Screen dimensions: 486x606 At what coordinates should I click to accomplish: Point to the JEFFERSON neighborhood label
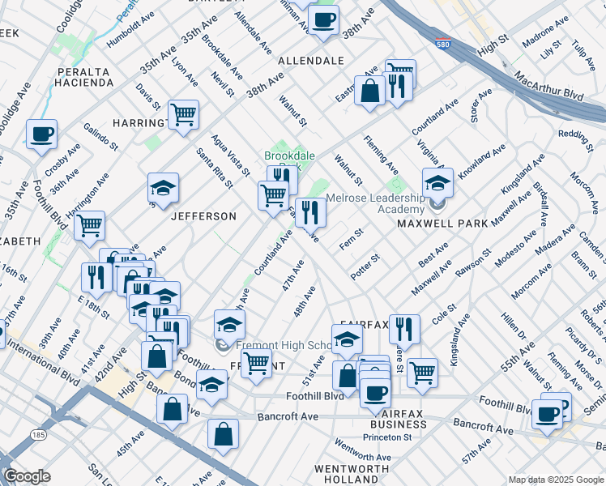point(203,216)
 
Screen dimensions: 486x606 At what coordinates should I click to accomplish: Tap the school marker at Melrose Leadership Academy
point(437,184)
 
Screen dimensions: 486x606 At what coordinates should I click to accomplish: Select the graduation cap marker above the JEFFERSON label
point(163,189)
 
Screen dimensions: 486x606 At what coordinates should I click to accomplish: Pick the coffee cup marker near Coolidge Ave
point(41,134)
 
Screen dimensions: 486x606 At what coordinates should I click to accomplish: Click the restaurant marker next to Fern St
point(310,212)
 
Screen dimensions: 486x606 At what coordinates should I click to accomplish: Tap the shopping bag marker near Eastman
point(369,92)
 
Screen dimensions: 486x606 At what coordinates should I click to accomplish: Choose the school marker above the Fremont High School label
point(229,325)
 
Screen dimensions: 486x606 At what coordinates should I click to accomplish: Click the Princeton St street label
point(386,437)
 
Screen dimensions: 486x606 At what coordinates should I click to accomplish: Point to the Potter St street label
point(365,267)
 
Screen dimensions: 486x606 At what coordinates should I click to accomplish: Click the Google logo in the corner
point(27,476)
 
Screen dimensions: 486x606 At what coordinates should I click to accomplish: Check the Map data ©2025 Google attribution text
point(555,479)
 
